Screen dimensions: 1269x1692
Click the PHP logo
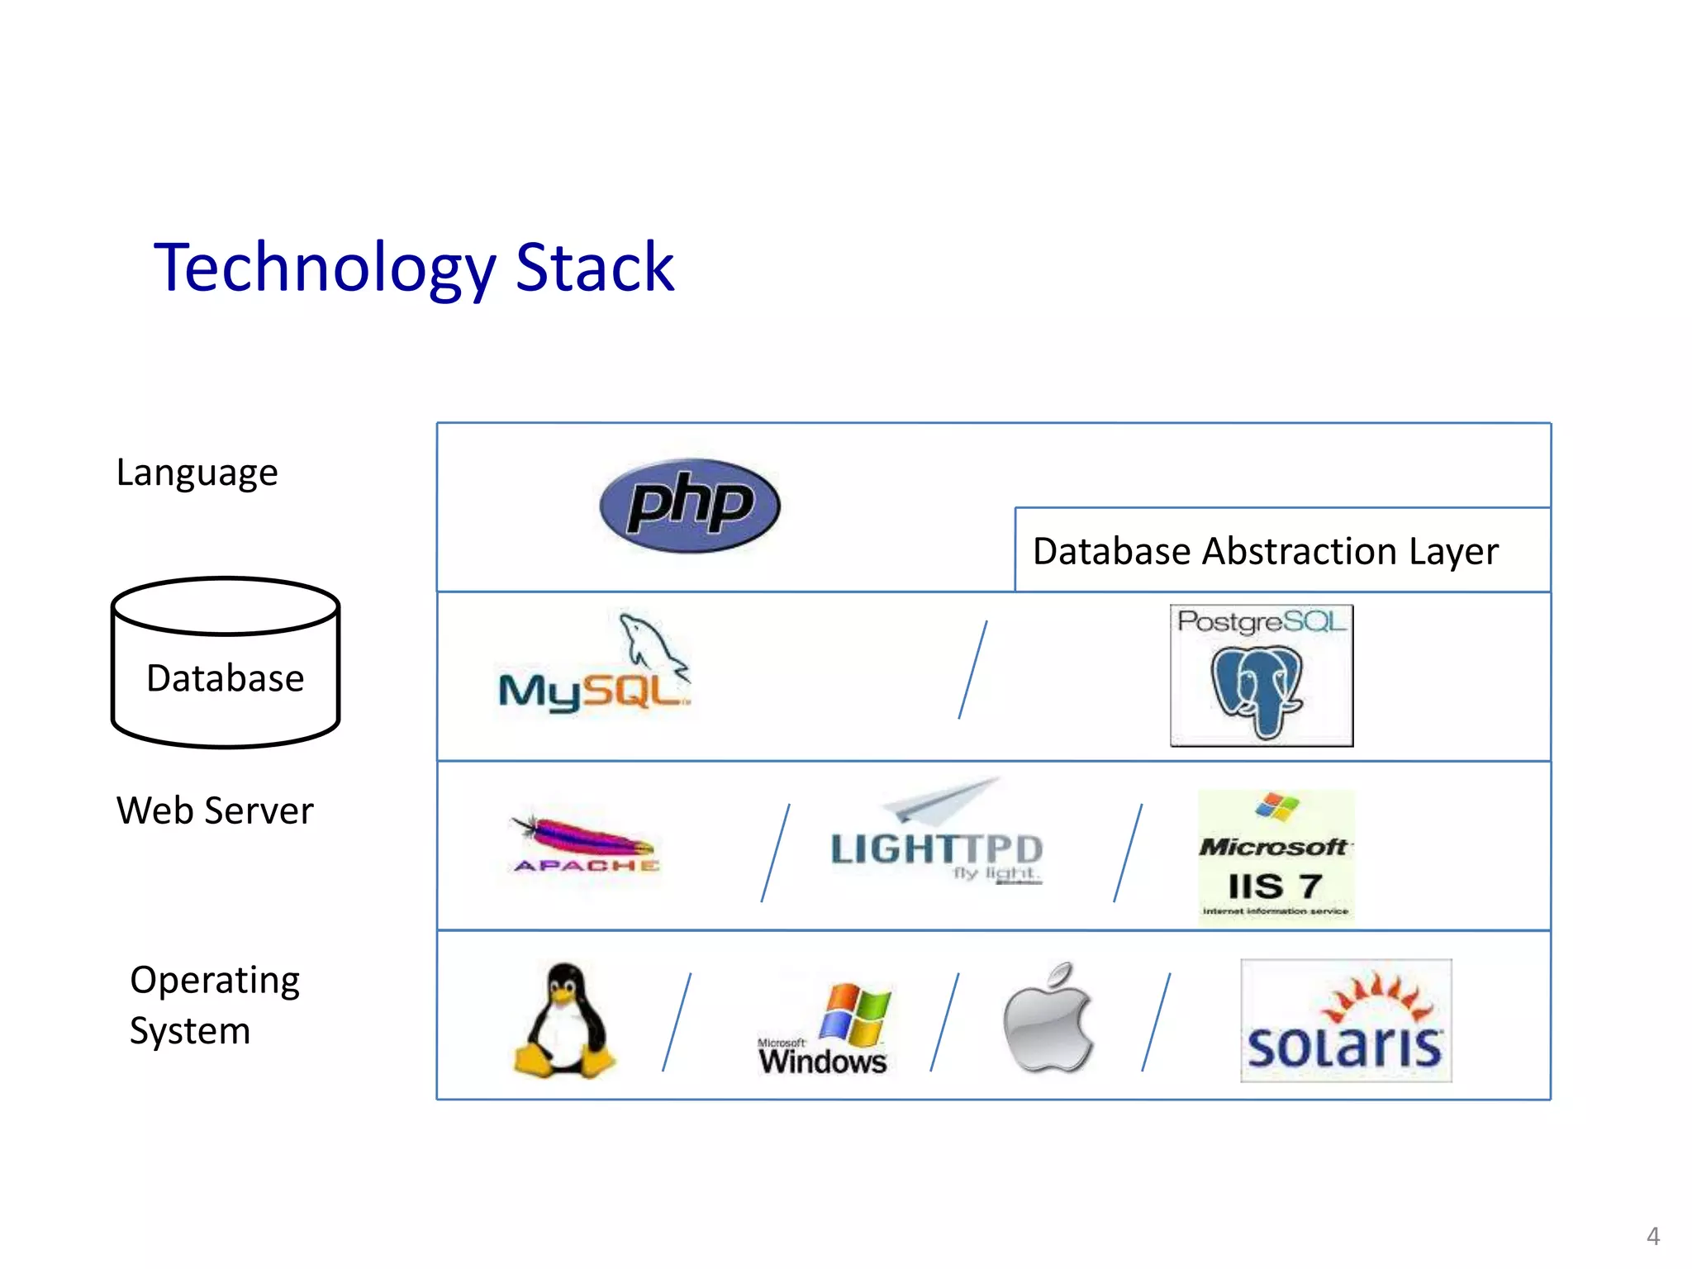[x=690, y=506]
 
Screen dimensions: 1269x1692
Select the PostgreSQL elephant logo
[x=1261, y=676]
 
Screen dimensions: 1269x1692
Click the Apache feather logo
[x=585, y=844]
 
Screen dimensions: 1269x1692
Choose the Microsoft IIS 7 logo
[x=1276, y=856]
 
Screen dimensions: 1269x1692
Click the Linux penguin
[x=565, y=1021]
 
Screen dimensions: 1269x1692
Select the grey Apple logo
[x=1048, y=1019]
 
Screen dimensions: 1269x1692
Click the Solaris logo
[x=1345, y=1021]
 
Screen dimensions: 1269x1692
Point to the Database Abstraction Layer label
[x=1265, y=551]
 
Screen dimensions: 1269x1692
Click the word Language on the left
[x=197, y=473]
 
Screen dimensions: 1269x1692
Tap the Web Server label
[x=215, y=810]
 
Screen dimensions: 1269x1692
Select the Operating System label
[x=213, y=1005]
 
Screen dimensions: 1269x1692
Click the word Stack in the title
[x=594, y=268]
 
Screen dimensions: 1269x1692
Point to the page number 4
[x=1652, y=1236]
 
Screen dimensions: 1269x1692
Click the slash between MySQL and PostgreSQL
[x=972, y=670]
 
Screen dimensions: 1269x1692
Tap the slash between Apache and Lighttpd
[x=775, y=853]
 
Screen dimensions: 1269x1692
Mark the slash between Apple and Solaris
[x=1156, y=1022]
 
